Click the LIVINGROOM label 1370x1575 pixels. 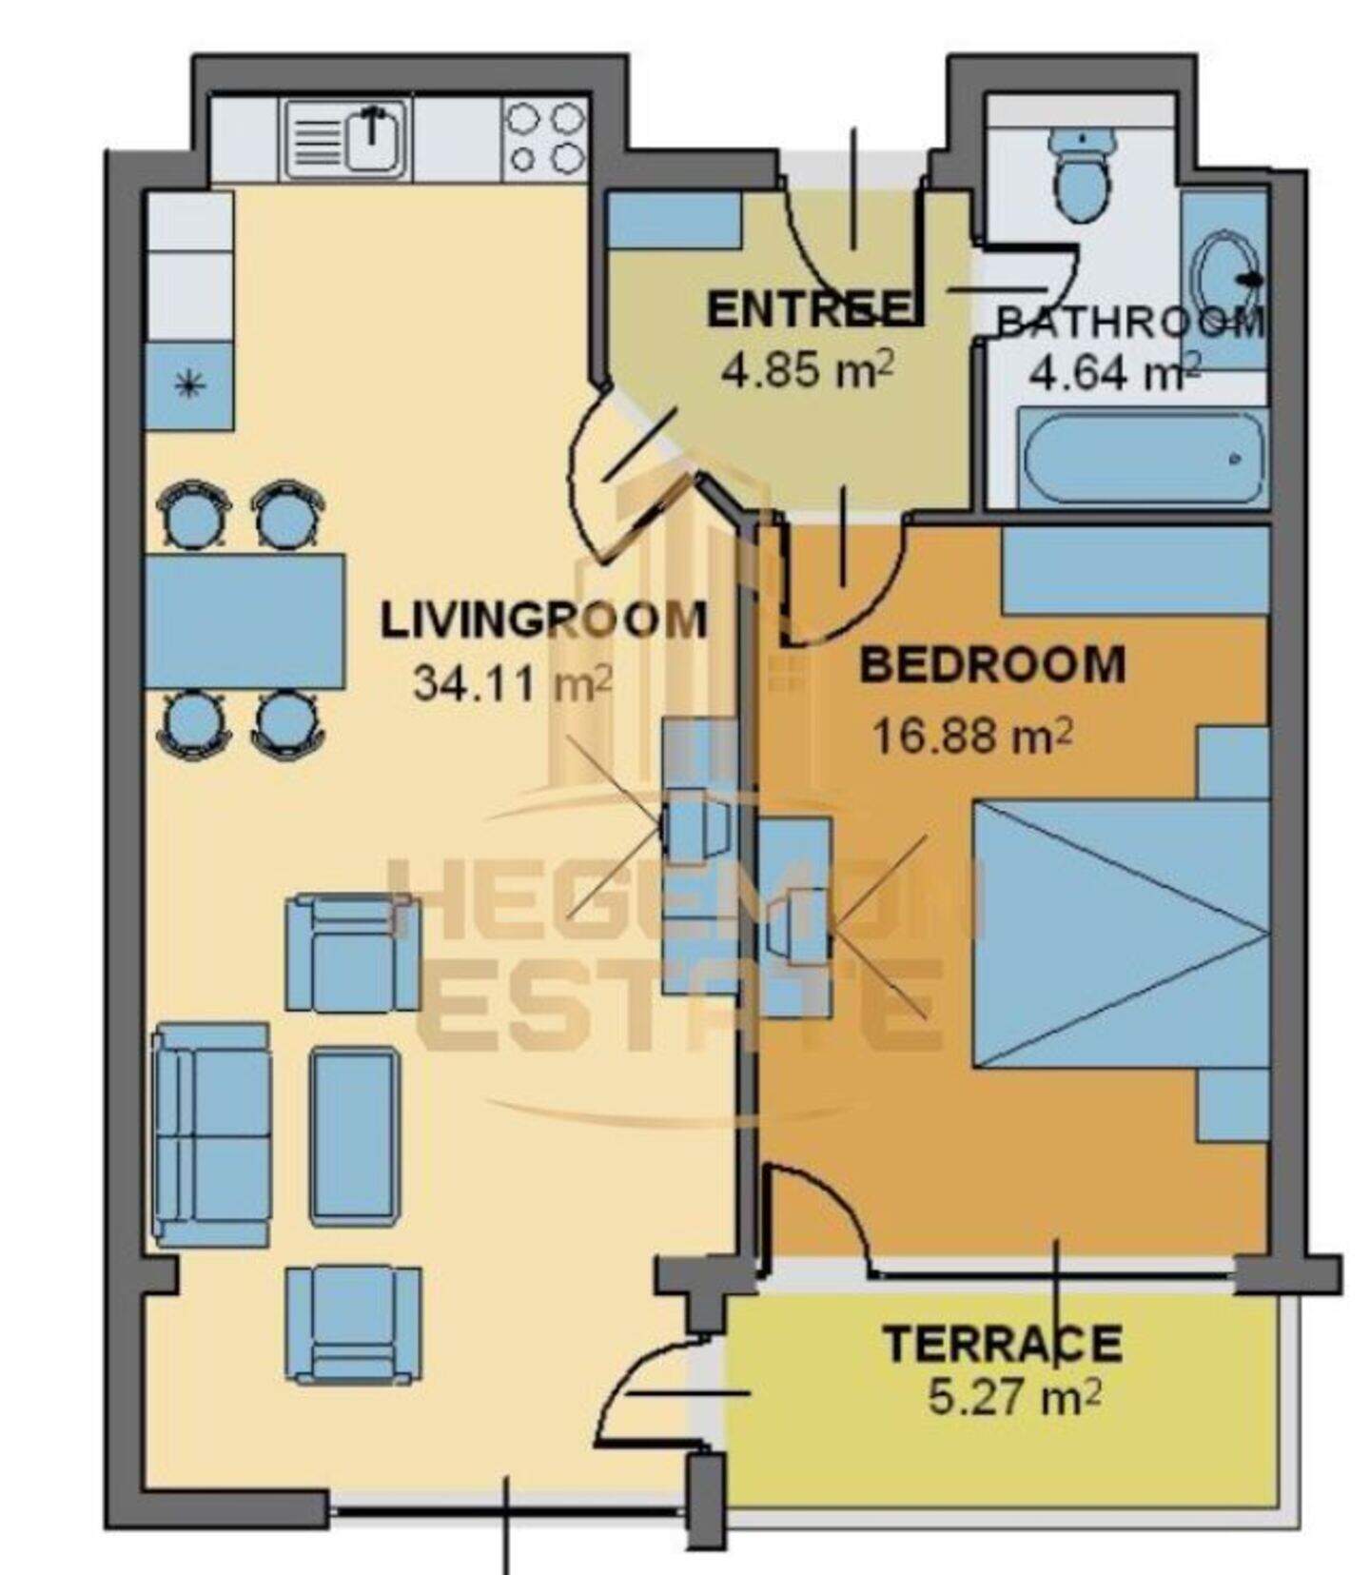[x=543, y=620]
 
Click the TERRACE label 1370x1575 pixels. [x=1003, y=1343]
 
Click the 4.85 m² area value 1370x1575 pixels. [x=807, y=369]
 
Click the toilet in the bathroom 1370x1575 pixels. [x=1083, y=173]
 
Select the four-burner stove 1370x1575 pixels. [x=545, y=139]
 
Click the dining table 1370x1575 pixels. [x=245, y=621]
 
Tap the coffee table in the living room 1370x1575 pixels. [x=355, y=1135]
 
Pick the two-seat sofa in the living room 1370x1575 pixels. [x=212, y=1134]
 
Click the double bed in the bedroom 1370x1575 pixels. [x=1121, y=935]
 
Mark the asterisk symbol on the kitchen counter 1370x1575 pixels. [x=189, y=385]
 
